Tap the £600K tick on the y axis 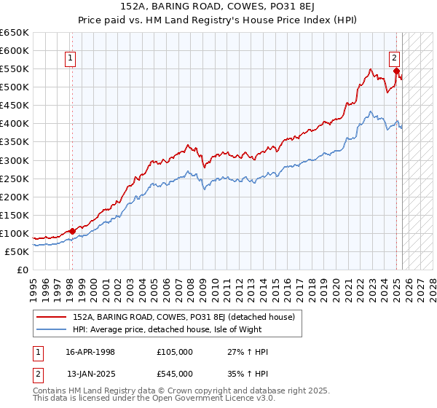15,51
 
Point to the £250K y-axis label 15,178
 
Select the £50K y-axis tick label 17,251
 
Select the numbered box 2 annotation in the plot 394,59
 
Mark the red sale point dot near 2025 397,71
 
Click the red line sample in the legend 51,318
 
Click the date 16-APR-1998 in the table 90,352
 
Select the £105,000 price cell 175,352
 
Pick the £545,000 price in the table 175,373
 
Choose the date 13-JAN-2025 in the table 90,373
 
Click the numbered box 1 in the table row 38,352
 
